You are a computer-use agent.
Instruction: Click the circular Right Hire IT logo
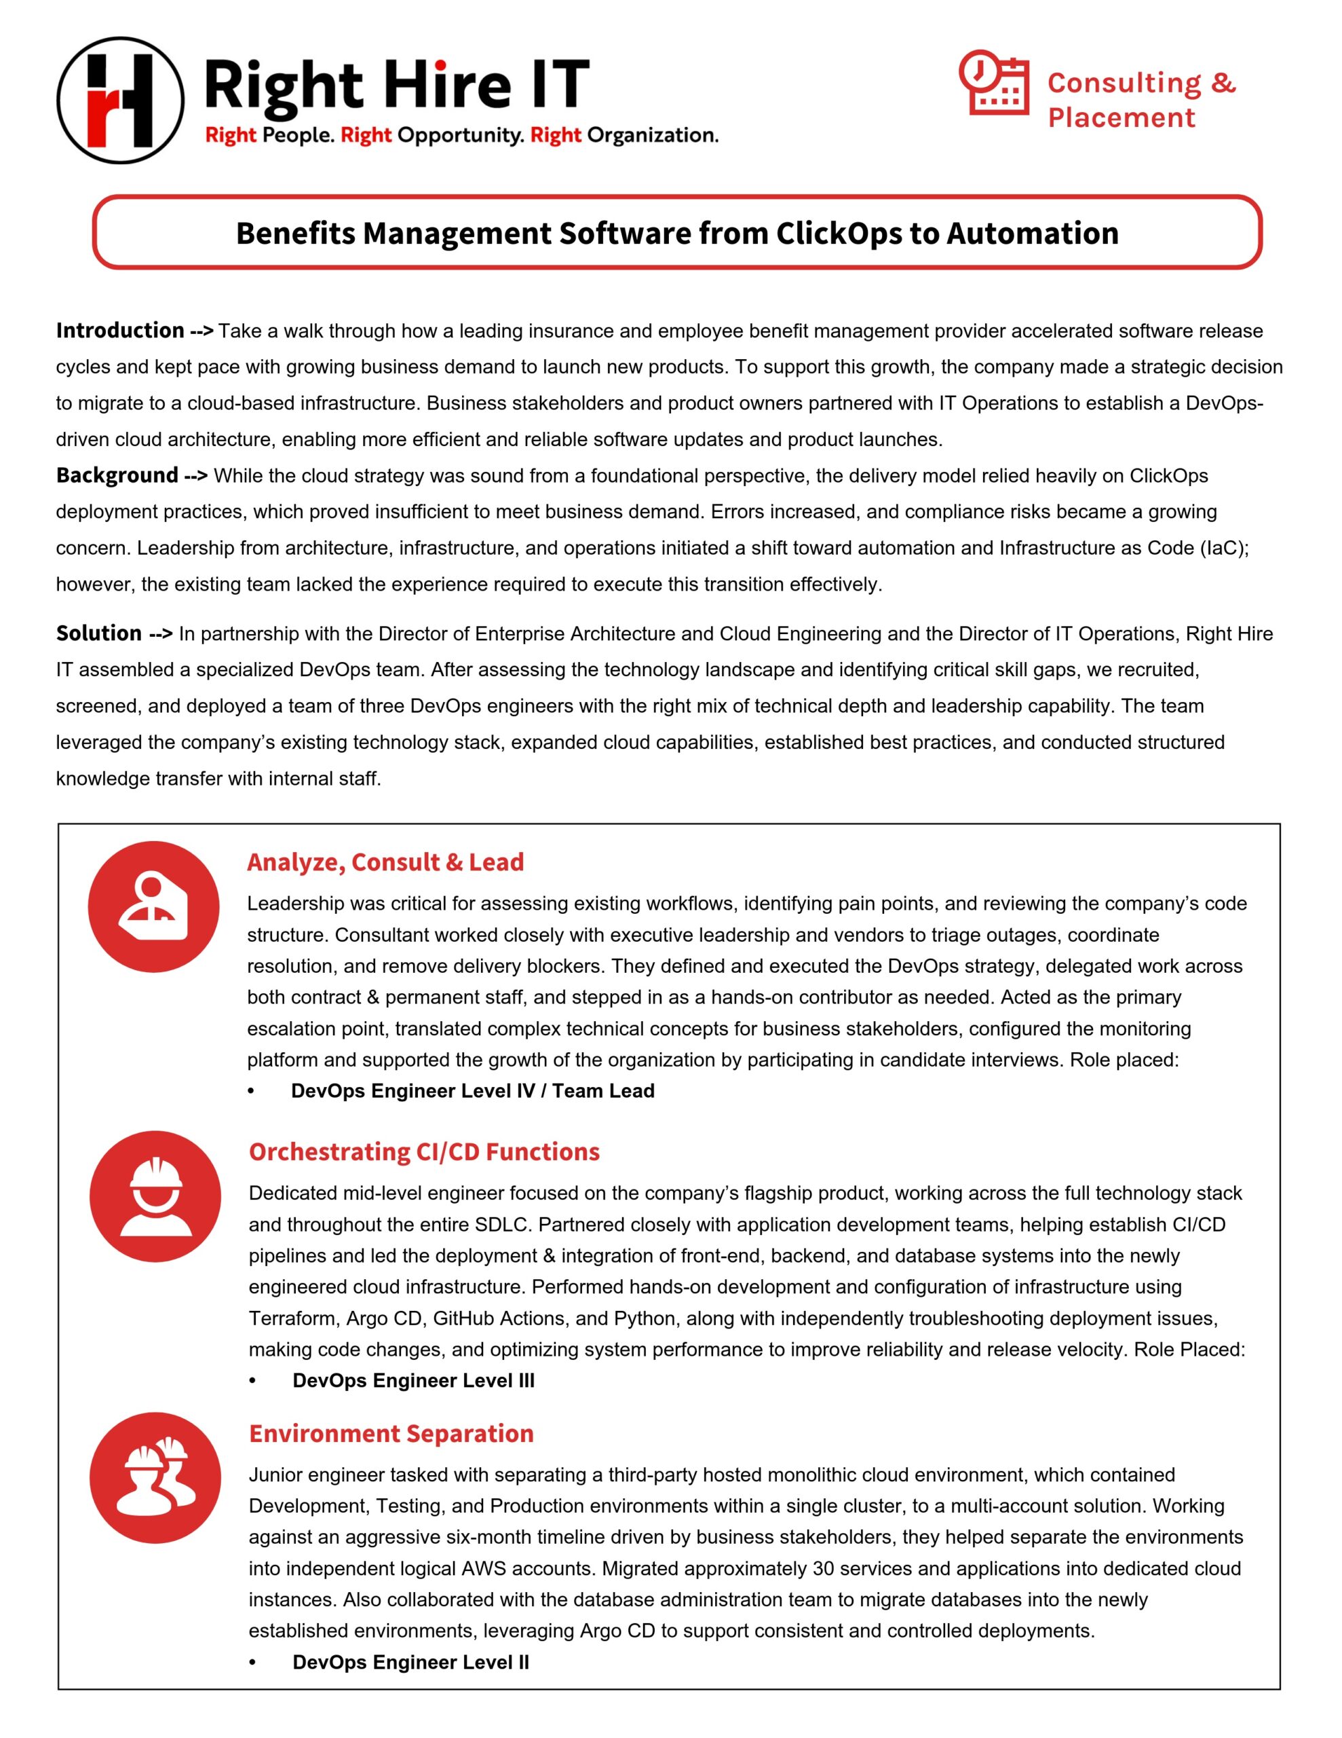tap(120, 100)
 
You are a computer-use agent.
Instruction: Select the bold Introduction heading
tap(120, 330)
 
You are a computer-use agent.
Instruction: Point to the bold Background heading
tap(117, 475)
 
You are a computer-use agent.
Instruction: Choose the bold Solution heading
tap(98, 633)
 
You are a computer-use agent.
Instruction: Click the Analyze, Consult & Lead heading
tap(385, 862)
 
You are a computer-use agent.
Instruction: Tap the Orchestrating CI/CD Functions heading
tap(424, 1151)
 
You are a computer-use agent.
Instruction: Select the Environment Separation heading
tap(391, 1433)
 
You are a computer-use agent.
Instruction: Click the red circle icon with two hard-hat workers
tap(155, 1478)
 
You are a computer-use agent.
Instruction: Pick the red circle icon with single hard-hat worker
tap(155, 1196)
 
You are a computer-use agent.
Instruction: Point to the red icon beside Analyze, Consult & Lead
tap(153, 906)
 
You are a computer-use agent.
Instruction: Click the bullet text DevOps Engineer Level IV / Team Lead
tap(472, 1091)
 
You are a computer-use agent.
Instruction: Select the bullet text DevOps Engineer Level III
tap(414, 1381)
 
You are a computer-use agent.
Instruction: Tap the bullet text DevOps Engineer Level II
tap(410, 1663)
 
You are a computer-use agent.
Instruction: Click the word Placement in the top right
tap(1121, 117)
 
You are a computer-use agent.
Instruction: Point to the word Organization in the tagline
tap(652, 135)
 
